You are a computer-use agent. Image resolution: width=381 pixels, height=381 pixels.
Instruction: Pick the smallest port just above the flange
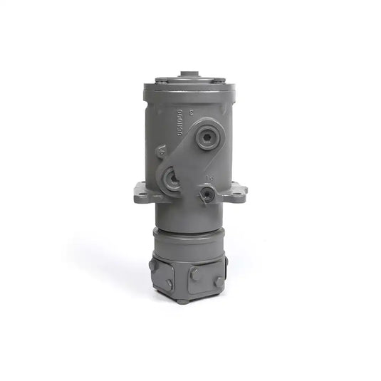coord(207,193)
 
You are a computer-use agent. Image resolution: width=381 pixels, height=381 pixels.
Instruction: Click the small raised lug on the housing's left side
coord(162,150)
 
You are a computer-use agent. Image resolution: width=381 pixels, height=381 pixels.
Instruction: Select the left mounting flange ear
coord(143,192)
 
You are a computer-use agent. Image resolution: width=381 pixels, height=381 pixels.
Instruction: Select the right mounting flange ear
coord(237,192)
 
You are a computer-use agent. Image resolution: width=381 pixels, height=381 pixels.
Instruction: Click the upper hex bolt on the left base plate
coord(152,265)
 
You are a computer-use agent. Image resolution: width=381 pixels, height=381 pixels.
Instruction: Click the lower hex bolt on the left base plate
coord(169,283)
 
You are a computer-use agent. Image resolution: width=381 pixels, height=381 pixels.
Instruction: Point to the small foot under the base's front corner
coord(184,301)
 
